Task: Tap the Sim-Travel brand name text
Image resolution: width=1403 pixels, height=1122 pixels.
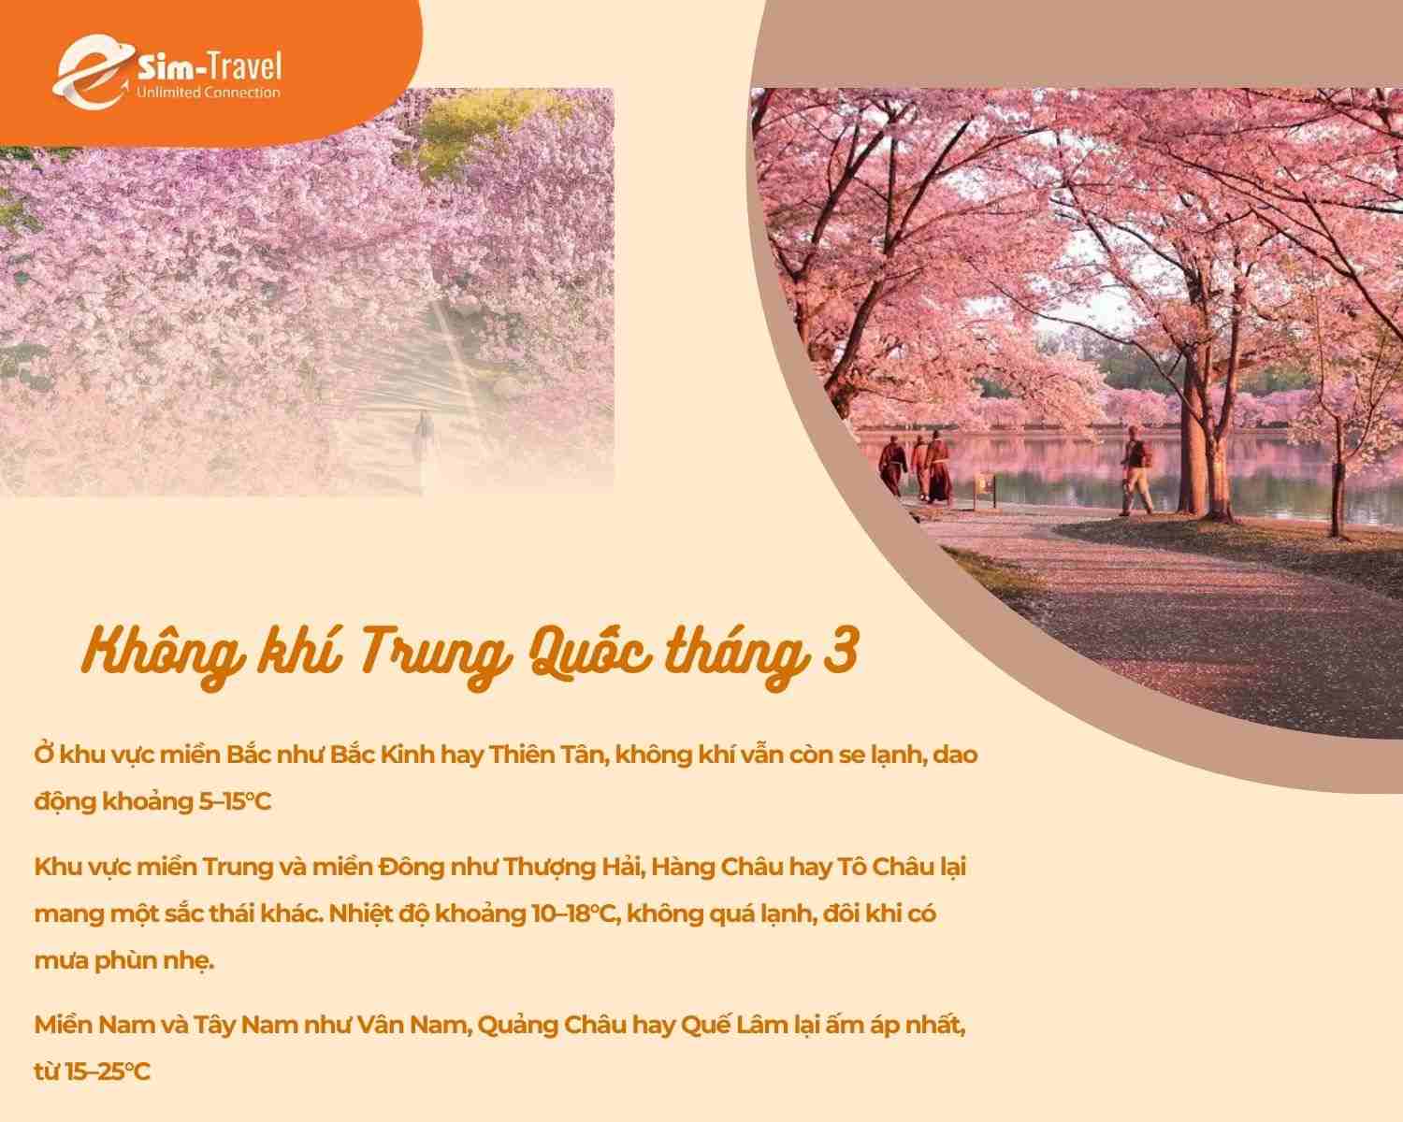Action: point(208,66)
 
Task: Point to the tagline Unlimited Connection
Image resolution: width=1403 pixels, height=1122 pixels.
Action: point(208,93)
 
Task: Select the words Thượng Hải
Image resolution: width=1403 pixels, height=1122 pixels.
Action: point(558,867)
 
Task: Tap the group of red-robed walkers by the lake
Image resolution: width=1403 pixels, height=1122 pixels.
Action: point(918,466)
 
